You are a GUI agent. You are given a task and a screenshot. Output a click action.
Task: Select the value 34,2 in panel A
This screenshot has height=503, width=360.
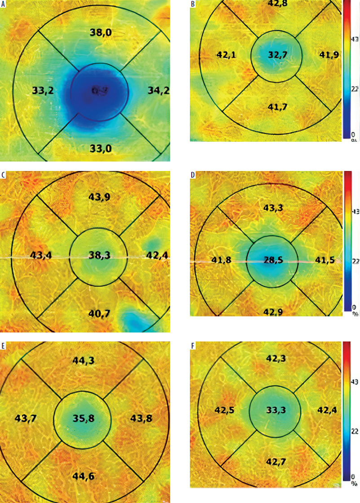coord(158,91)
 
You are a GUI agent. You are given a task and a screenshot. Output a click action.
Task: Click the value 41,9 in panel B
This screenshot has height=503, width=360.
coord(329,55)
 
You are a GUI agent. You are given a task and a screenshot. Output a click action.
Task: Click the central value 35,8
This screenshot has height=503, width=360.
coord(83,419)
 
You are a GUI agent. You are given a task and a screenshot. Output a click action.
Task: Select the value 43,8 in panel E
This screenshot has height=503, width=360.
coord(141,419)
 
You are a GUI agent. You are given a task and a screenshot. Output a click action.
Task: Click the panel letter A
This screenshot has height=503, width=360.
coord(3,4)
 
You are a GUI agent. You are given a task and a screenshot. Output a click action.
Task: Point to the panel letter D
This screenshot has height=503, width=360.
coord(193,175)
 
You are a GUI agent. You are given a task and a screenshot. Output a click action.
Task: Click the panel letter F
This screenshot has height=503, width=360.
coord(193,346)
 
